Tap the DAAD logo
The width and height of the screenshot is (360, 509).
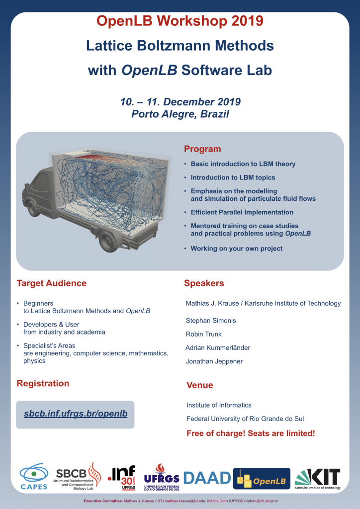tap(207, 478)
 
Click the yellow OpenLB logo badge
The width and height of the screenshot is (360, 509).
tap(262, 479)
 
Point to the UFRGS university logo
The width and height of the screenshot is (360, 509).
tap(162, 477)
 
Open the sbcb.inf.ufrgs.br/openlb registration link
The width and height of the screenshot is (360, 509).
tap(76, 414)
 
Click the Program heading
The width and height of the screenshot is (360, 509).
tap(202, 149)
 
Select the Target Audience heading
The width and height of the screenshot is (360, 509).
tap(52, 283)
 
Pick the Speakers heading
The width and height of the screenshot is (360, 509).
tap(204, 283)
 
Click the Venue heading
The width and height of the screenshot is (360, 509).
tap(200, 385)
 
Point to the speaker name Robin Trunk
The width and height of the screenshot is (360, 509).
tap(204, 334)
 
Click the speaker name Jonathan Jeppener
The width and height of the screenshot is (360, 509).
tap(214, 361)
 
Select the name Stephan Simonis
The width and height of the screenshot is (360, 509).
tap(211, 321)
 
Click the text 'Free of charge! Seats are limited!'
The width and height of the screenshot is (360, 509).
tap(251, 433)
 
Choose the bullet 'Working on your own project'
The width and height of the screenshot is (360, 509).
tap(237, 249)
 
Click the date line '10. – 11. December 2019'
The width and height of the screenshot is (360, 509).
tap(180, 102)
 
